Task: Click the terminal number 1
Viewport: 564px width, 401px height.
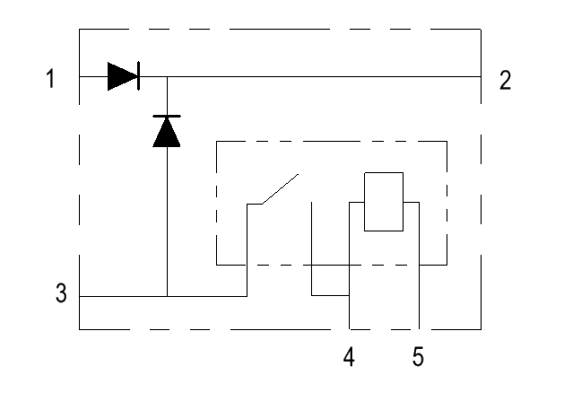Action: (51, 80)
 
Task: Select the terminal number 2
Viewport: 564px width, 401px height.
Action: (506, 80)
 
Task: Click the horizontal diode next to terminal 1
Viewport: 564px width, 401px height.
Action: (123, 76)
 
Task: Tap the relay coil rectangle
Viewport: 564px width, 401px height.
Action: (384, 202)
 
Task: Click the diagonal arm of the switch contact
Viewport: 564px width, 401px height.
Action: (279, 189)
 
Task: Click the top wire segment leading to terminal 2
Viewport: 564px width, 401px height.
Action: (323, 76)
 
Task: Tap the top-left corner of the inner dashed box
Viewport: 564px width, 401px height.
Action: (217, 141)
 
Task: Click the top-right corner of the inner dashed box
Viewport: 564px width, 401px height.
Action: (447, 141)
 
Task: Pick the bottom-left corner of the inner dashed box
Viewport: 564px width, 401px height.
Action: (217, 265)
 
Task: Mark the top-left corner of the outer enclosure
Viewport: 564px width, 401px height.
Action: (80, 31)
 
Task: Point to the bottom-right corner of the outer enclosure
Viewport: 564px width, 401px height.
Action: (482, 328)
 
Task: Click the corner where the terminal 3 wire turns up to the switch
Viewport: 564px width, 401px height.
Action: (247, 295)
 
